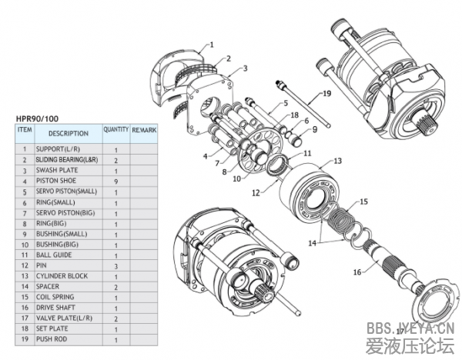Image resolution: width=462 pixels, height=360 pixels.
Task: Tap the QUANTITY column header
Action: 115,130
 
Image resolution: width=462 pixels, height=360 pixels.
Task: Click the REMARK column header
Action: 144,131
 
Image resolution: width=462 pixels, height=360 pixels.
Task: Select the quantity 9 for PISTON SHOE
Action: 115,181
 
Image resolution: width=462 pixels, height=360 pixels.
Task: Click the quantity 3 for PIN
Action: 115,265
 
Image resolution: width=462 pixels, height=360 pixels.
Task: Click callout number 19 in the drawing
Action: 326,93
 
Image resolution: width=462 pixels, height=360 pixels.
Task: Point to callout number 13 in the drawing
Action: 336,162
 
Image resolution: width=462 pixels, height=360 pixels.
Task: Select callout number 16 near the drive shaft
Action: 357,272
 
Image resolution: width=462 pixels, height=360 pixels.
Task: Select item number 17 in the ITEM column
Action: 24,318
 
